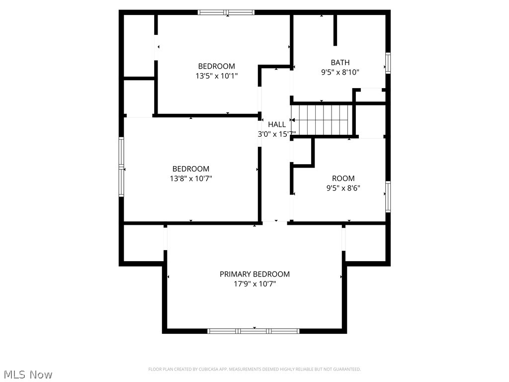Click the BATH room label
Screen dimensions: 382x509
coord(340,62)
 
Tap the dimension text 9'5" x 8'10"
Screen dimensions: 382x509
coord(340,72)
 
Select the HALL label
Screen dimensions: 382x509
coord(277,124)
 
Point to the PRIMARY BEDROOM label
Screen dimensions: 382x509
coord(254,274)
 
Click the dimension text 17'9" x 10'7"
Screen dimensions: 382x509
coord(254,284)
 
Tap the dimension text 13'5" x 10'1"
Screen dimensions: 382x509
coord(216,76)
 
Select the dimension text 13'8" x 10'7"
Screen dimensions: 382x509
coord(191,179)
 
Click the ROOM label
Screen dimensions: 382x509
coord(343,178)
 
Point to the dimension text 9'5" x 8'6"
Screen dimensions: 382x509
coord(343,188)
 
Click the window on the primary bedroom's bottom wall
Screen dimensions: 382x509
coord(254,331)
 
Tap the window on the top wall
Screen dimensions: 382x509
coord(226,12)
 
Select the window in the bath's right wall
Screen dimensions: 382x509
coord(388,63)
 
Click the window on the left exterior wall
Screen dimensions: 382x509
coord(121,167)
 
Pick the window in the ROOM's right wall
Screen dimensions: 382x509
coord(388,196)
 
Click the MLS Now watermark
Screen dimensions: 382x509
coord(27,374)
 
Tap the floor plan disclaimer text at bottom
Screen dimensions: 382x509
coord(254,369)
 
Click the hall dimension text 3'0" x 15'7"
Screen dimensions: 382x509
coord(277,134)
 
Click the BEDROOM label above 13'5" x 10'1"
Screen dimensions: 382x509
coord(216,66)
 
